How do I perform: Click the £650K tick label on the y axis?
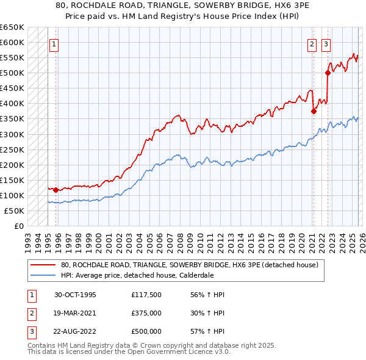tap(12, 27)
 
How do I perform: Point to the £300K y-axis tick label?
tap(12, 134)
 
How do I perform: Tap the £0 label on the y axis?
tap(19, 226)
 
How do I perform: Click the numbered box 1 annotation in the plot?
tap(53, 43)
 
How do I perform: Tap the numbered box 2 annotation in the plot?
tap(312, 43)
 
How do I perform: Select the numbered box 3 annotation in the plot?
tap(326, 43)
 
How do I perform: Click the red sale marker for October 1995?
tap(56, 190)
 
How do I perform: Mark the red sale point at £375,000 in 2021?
tap(314, 111)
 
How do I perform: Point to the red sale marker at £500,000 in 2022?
tap(328, 73)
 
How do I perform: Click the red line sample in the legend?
tap(43, 265)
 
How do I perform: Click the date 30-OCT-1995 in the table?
tap(75, 295)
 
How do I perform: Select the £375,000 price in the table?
tap(146, 313)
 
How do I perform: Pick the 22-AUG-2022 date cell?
tap(75, 331)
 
